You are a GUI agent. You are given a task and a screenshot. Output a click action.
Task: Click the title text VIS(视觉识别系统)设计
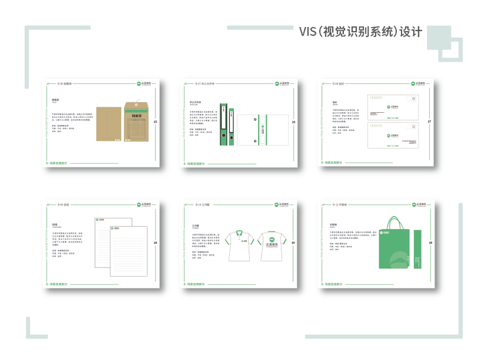pyautogui.click(x=360, y=31)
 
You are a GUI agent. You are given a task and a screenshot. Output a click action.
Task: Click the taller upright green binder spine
pyautogui.click(x=223, y=125)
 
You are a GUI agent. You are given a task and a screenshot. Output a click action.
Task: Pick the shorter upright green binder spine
pyautogui.click(x=231, y=128)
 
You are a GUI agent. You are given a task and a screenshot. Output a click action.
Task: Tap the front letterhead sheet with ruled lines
pyautogui.click(x=128, y=250)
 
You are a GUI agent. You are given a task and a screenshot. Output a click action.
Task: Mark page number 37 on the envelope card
pyautogui.click(x=429, y=122)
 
